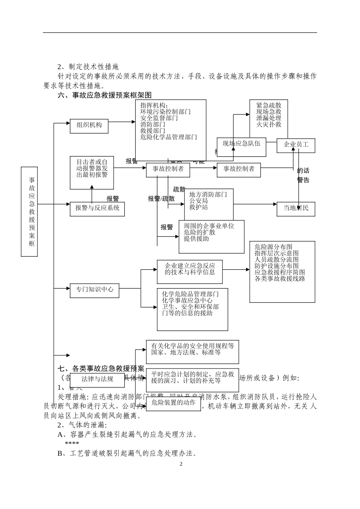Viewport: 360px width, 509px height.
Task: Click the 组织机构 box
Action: tap(89, 125)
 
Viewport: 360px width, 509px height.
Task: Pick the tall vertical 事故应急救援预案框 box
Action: tap(30, 212)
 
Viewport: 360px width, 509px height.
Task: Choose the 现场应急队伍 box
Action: tap(241, 144)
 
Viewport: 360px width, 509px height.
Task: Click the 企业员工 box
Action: tap(296, 145)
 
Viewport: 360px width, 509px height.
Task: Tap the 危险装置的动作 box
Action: tap(174, 403)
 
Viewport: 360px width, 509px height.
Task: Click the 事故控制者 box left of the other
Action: tap(168, 169)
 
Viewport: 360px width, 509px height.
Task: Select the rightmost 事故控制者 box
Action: tap(239, 169)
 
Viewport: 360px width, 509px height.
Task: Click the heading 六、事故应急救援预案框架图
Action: tap(105, 95)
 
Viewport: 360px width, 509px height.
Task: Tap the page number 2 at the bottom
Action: tap(181, 464)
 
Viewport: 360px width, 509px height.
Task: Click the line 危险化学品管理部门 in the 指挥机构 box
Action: tap(169, 137)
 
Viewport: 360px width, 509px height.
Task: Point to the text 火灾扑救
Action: tap(269, 125)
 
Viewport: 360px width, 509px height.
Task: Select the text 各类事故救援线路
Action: tap(280, 279)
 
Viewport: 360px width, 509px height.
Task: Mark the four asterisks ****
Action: tap(72, 443)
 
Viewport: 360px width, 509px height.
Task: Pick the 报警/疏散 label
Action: tap(161, 199)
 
